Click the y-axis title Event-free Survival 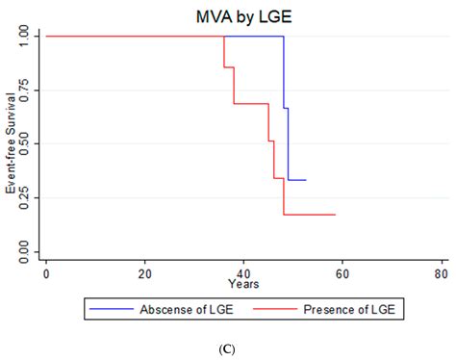(x=11, y=143)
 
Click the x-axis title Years (x=243, y=284)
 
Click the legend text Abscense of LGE (x=184, y=309)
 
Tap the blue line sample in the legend (x=113, y=309)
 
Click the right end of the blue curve (x=306, y=180)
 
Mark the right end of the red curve (x=335, y=215)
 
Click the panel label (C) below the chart (x=228, y=347)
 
